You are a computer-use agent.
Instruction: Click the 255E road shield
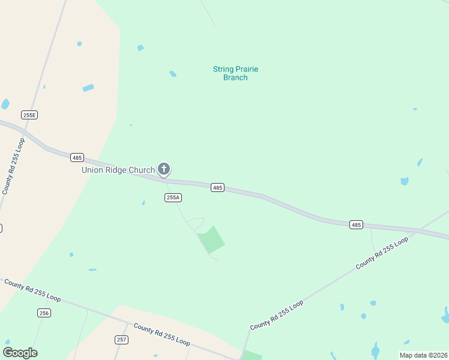coord(29,115)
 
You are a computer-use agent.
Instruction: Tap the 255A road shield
coord(173,197)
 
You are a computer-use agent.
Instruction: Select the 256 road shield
coord(44,313)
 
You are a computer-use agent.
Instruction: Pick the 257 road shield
coord(121,340)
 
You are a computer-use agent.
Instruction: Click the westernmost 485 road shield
coord(76,157)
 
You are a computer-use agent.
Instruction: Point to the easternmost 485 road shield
coord(356,224)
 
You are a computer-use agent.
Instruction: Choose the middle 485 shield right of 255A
coord(217,188)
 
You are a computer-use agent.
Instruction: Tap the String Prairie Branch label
coord(235,73)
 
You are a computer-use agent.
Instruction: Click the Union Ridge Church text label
coord(118,170)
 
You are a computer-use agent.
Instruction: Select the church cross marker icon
coord(163,169)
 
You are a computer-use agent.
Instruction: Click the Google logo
coord(20,353)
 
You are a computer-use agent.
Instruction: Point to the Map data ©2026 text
coord(424,355)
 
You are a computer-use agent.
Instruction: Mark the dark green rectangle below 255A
coord(211,239)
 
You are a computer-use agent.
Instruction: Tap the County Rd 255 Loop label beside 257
coord(162,335)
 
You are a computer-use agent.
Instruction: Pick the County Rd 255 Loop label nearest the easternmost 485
coord(382,253)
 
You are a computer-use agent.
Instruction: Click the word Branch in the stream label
coord(235,77)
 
